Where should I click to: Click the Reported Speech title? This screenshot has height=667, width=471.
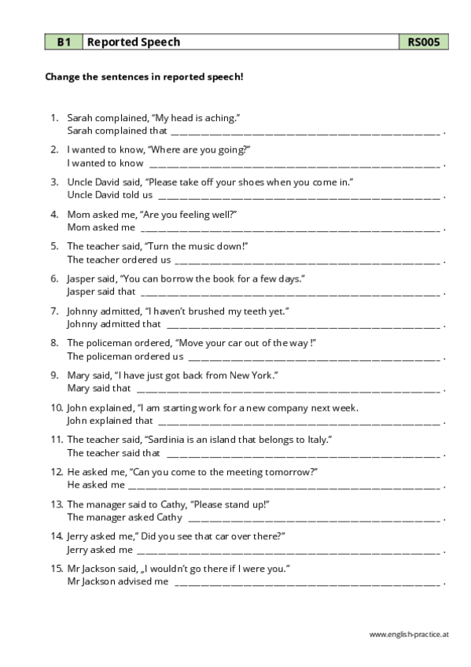tap(134, 42)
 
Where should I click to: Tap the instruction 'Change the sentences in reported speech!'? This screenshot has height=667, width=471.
tap(144, 77)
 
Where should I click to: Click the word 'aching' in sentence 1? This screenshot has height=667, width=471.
tap(220, 117)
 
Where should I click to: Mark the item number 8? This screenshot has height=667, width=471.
tap(54, 343)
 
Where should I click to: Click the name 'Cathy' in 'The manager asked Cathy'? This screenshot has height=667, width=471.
tap(170, 518)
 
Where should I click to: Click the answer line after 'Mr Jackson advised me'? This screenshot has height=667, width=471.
tap(307, 582)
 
